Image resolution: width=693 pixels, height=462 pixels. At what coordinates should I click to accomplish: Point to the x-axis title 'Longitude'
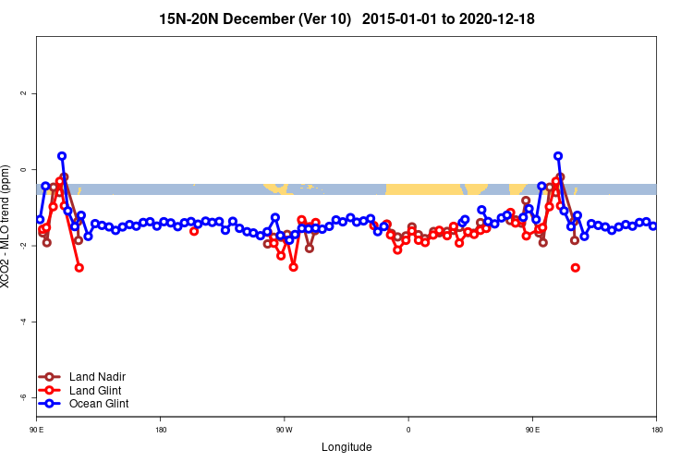346,447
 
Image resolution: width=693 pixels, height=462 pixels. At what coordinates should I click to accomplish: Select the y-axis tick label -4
25,322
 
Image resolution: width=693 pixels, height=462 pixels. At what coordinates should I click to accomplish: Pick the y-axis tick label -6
25,397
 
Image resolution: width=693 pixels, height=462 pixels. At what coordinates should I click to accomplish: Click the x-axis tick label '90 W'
284,430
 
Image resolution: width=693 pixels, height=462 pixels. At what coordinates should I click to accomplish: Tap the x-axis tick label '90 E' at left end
37,430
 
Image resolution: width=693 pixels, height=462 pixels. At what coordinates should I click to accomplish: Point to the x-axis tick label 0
408,430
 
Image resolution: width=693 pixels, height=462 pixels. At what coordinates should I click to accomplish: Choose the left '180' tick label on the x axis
161,430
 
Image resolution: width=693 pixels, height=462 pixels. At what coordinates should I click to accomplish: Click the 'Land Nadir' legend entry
91,376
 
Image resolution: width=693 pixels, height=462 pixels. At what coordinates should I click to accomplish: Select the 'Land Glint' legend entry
89,390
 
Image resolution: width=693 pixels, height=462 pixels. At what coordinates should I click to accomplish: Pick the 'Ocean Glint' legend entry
91,404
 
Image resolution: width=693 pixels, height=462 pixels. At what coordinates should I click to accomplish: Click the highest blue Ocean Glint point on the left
62,156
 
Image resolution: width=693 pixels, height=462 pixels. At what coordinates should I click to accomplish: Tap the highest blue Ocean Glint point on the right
558,156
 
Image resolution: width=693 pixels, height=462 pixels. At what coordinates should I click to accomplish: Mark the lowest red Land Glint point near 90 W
293,267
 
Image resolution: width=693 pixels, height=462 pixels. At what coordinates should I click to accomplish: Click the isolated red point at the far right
576,268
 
